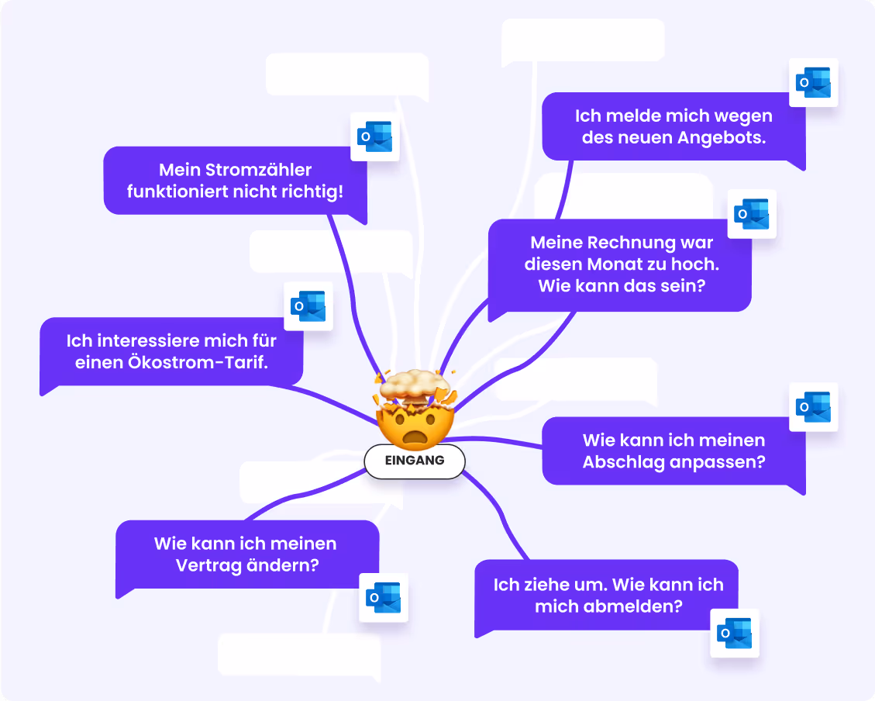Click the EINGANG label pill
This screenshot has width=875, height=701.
[415, 461]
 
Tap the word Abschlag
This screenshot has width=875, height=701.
[620, 462]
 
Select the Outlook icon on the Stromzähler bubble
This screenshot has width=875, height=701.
[375, 137]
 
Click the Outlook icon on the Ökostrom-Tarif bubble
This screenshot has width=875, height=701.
[308, 306]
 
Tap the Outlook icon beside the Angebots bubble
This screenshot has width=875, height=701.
[814, 82]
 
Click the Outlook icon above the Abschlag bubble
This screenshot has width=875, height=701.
[814, 407]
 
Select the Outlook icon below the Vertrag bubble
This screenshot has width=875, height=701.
[384, 597]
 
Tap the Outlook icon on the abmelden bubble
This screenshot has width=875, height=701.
[735, 633]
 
